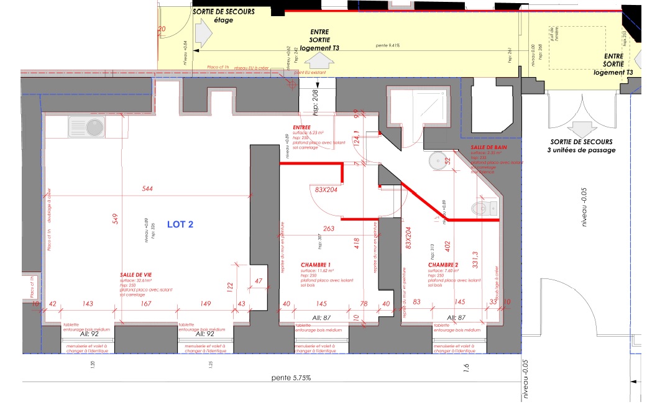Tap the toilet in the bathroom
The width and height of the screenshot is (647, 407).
pyautogui.click(x=483, y=207)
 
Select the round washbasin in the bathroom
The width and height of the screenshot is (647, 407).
pyautogui.click(x=438, y=160)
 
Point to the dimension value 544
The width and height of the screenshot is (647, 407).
pyautogui.click(x=147, y=188)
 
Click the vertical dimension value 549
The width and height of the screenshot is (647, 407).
pyautogui.click(x=114, y=219)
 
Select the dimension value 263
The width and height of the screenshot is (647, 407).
pyautogui.click(x=329, y=229)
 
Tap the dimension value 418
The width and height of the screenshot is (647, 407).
pyautogui.click(x=357, y=243)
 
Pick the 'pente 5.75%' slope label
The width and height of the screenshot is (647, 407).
pyautogui.click(x=291, y=377)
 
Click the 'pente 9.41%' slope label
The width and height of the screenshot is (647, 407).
pyautogui.click(x=388, y=45)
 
